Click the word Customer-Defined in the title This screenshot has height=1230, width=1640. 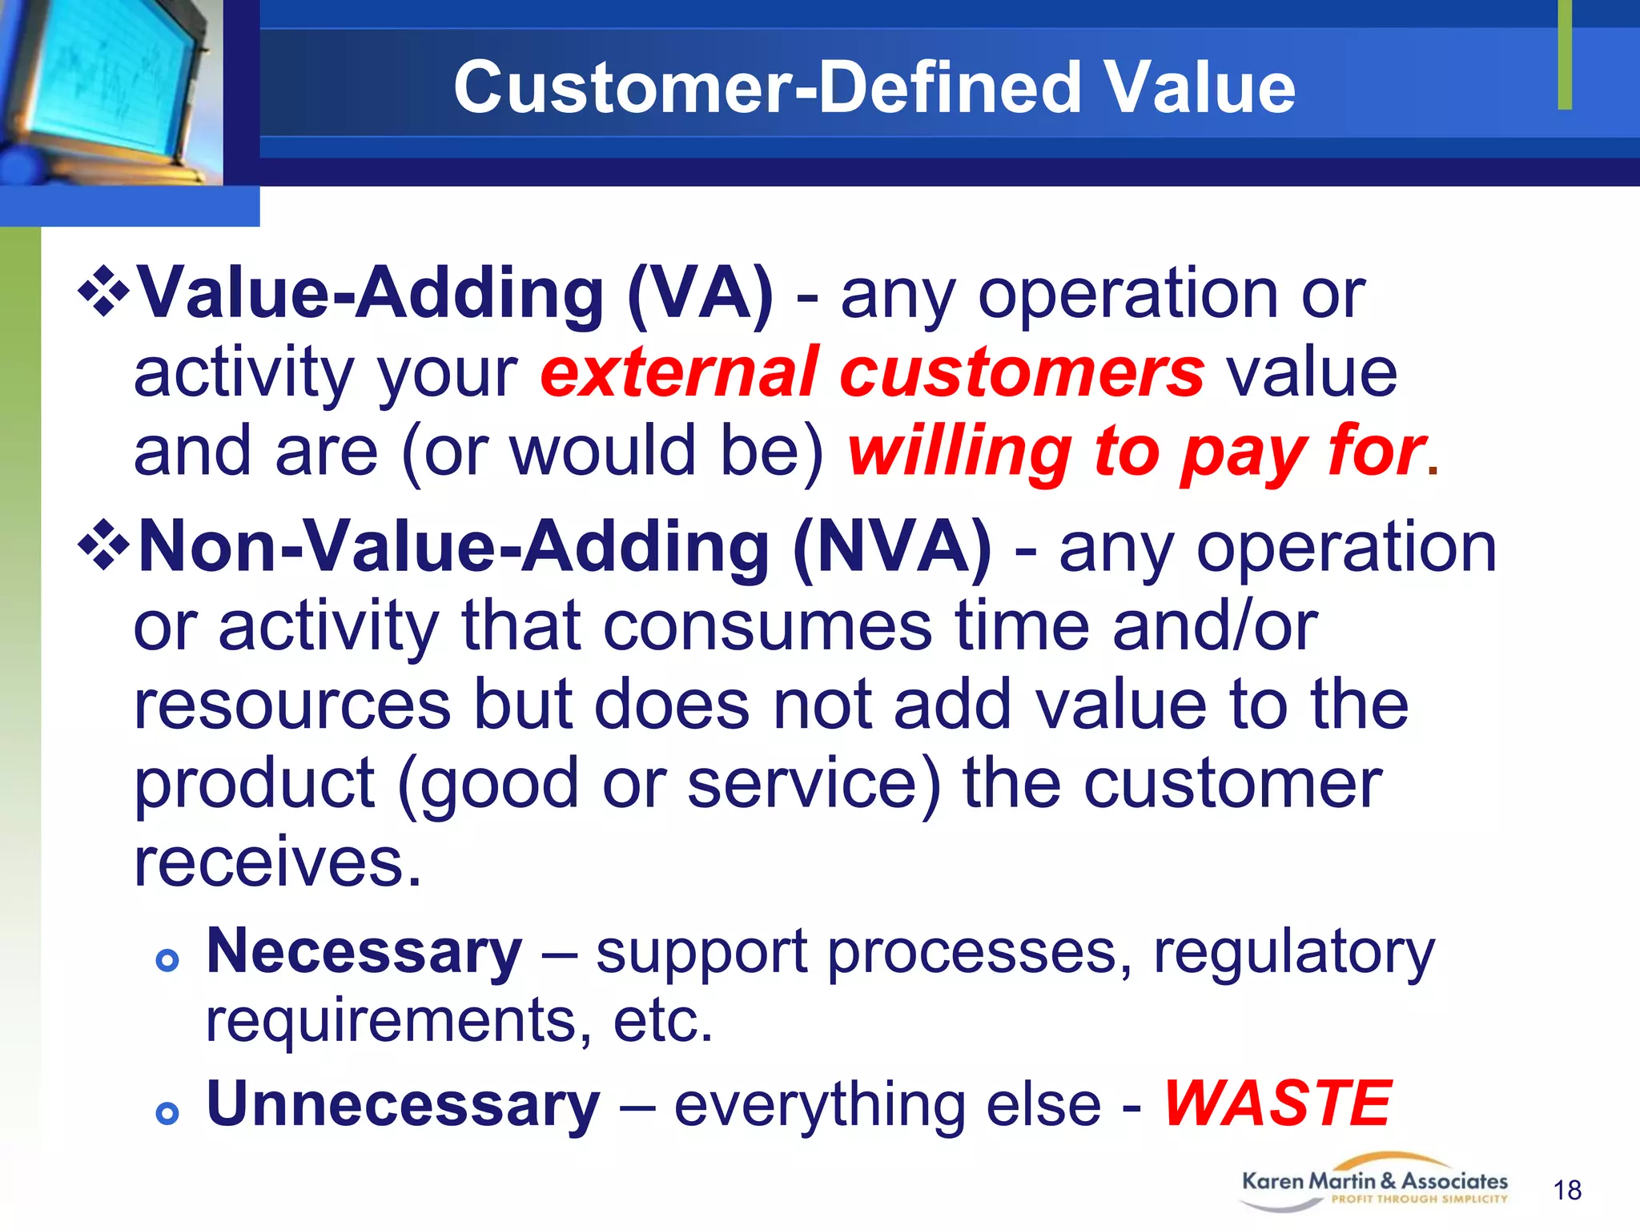pos(767,88)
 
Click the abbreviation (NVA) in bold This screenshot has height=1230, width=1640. pos(892,548)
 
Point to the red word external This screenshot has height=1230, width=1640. pos(681,373)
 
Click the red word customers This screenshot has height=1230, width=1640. pos(1021,373)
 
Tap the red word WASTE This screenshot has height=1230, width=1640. pos(1276,1104)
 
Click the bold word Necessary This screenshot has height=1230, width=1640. pos(364,952)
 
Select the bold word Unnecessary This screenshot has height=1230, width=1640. pos(403,1104)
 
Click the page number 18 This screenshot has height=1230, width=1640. pos(1567,1191)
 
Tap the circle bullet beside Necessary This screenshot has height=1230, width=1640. pos(167,960)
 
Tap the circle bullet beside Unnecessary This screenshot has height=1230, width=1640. pos(167,1113)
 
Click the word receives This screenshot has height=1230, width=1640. pos(277,863)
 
